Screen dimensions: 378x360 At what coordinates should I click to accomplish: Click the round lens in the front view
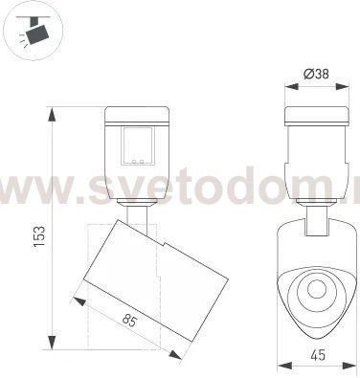(314, 291)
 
